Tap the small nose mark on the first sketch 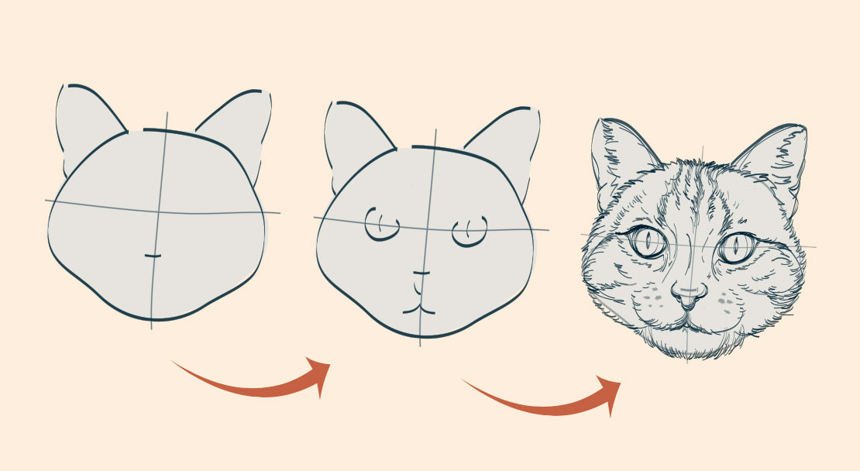point(153,255)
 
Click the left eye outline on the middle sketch point(381,225)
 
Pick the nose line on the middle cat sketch point(421,273)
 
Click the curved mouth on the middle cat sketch point(420,307)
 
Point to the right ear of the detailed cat point(775,159)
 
